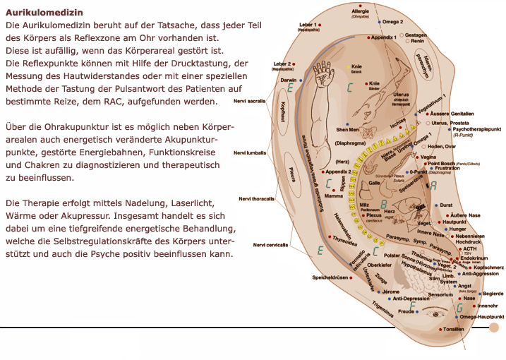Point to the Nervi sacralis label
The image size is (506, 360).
[x=251, y=101]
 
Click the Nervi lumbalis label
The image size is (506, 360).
[x=251, y=152]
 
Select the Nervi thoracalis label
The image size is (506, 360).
[x=255, y=198]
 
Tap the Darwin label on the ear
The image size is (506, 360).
[x=288, y=80]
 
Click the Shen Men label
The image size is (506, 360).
[x=347, y=130]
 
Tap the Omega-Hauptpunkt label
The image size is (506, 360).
[x=482, y=317]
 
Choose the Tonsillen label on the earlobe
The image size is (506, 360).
[x=452, y=330]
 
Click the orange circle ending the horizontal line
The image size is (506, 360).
[x=494, y=328]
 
